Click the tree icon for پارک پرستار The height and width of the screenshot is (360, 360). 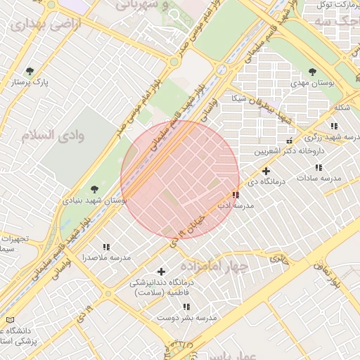[x=30, y=71]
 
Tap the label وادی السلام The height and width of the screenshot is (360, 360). [x=53, y=135]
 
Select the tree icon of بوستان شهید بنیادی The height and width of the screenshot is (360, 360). [x=95, y=188]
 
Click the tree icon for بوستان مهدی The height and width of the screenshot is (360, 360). [x=312, y=72]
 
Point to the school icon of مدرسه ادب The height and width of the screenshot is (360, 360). [x=235, y=195]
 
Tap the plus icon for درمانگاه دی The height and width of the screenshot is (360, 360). [x=266, y=171]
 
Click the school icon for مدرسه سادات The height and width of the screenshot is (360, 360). [x=319, y=167]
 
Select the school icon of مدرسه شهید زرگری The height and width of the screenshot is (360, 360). [x=334, y=126]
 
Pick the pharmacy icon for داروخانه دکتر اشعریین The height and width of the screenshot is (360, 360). [x=289, y=141]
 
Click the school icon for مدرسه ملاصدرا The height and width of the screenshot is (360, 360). [x=106, y=247]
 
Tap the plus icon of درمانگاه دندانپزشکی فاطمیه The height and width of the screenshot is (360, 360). [x=161, y=271]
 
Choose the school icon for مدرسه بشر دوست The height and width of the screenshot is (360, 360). [x=186, y=307]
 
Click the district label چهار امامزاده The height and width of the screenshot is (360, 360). [x=215, y=266]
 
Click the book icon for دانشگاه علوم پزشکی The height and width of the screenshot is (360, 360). [x=9, y=320]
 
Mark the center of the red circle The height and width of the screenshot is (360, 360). [x=181, y=180]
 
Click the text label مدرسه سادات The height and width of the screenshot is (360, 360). [x=318, y=179]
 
